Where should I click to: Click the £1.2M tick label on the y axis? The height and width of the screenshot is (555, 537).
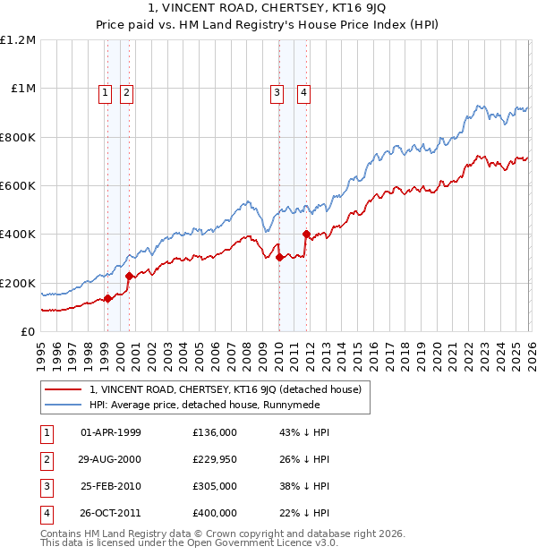(x=18, y=40)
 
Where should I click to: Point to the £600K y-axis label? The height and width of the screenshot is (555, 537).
(x=18, y=186)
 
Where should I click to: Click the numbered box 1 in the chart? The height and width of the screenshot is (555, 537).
(x=106, y=91)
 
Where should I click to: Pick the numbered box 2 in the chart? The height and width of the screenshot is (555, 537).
(x=126, y=91)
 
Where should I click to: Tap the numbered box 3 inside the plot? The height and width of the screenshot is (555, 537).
(x=277, y=91)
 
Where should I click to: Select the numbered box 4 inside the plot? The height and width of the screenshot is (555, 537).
(x=304, y=91)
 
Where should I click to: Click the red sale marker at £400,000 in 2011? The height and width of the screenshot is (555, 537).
(x=306, y=235)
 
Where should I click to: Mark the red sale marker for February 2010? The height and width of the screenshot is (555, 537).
(x=279, y=258)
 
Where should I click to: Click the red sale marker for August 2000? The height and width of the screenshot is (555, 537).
(x=130, y=276)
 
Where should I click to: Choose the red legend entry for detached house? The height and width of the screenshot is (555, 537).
(x=225, y=389)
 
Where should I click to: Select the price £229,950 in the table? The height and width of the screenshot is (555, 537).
(x=215, y=459)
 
